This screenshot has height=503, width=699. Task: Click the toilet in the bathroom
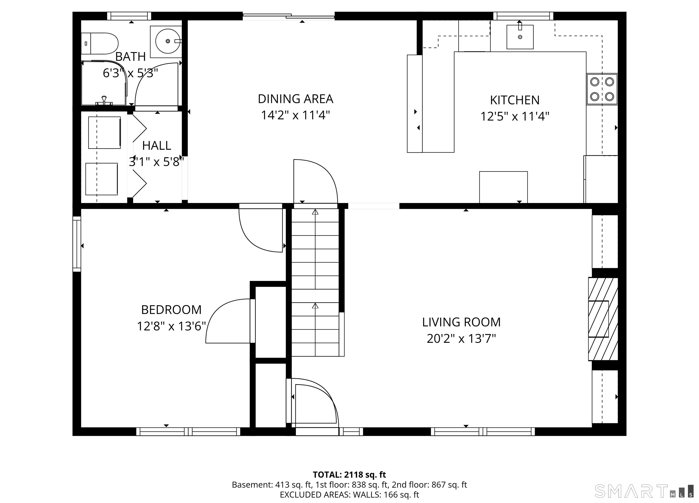click(x=100, y=43)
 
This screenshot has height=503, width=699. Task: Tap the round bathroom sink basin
click(x=168, y=41)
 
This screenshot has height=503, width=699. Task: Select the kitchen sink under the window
click(x=520, y=37)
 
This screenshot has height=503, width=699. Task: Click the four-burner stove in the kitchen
click(x=602, y=89)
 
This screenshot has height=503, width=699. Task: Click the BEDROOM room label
click(x=171, y=310)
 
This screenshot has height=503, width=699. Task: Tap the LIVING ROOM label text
click(x=461, y=322)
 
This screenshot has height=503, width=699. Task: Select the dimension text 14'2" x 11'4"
click(x=296, y=115)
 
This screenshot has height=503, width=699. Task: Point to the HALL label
click(x=157, y=146)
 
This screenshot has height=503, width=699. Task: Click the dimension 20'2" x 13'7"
click(x=461, y=339)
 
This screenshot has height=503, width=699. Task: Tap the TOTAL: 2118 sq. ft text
click(x=349, y=475)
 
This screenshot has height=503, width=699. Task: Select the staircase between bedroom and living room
click(x=315, y=282)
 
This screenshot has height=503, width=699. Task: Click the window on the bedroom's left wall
click(x=77, y=244)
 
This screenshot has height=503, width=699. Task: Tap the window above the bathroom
click(x=129, y=16)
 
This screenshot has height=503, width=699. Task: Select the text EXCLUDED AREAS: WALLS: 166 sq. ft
click(x=349, y=495)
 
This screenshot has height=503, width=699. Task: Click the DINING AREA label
click(x=296, y=99)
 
